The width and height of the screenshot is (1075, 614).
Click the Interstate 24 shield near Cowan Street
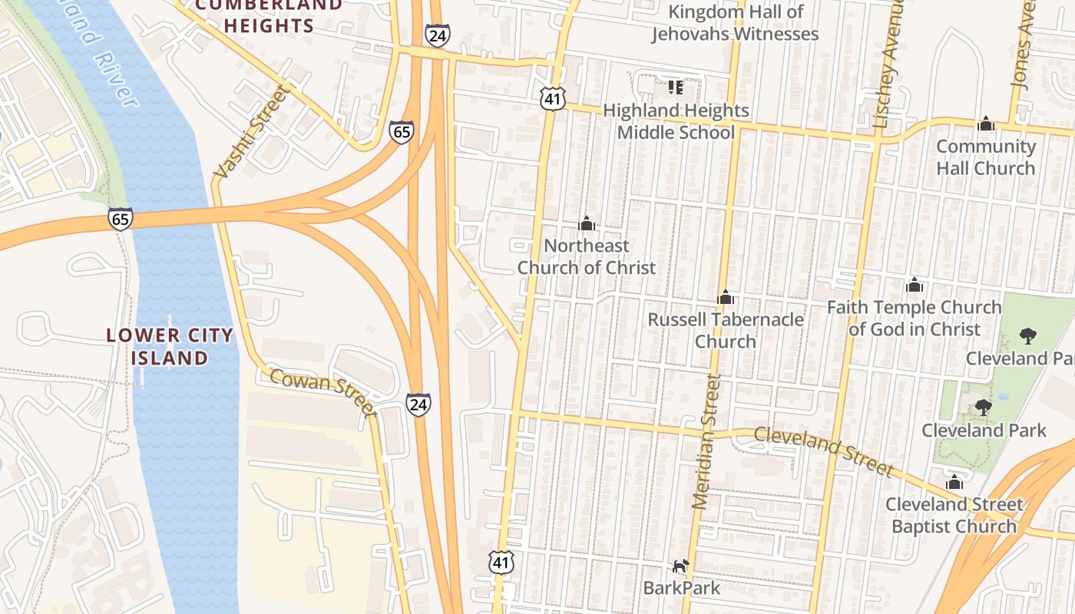pyautogui.click(x=418, y=404)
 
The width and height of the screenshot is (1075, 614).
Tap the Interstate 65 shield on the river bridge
pyautogui.click(x=120, y=218)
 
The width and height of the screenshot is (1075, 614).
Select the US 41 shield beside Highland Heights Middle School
pyautogui.click(x=553, y=98)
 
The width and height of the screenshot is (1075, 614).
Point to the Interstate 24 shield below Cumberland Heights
pyautogui.click(x=437, y=35)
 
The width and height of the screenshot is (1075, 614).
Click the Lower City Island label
pyautogui.click(x=170, y=346)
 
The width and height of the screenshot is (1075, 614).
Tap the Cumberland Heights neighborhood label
pyautogui.click(x=269, y=15)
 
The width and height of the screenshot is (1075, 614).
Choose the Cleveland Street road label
pyautogui.click(x=824, y=451)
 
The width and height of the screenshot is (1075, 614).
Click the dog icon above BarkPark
pyautogui.click(x=680, y=566)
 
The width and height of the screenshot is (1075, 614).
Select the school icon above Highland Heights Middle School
pyautogui.click(x=675, y=87)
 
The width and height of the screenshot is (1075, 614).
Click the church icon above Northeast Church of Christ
pyautogui.click(x=587, y=223)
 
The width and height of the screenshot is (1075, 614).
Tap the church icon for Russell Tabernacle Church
pyautogui.click(x=726, y=297)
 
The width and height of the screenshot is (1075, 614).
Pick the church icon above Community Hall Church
pyautogui.click(x=986, y=124)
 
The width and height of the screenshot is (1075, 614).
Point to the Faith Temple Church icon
pyautogui.click(x=914, y=286)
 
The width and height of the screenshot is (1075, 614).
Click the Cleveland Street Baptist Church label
pyautogui.click(x=954, y=515)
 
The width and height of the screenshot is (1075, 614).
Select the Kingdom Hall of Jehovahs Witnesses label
pyautogui.click(x=736, y=23)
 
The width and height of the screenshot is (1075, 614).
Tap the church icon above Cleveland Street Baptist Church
pyautogui.click(x=954, y=482)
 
